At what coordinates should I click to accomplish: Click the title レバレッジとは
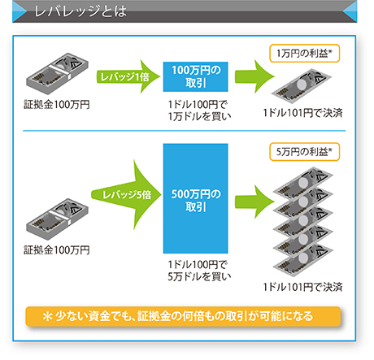[x=80, y=11]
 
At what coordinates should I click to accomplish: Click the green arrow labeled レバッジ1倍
[x=128, y=76]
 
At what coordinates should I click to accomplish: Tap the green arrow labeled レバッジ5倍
[x=126, y=195]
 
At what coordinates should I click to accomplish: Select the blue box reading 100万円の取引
[x=195, y=76]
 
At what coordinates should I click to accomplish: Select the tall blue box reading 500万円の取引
[x=195, y=198]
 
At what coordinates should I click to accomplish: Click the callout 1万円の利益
[x=304, y=54]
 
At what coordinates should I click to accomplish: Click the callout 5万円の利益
[x=304, y=152]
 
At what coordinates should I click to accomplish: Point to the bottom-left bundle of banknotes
[x=57, y=219]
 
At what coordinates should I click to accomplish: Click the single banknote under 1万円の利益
[x=302, y=86]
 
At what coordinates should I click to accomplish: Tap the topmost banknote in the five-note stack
[x=303, y=183]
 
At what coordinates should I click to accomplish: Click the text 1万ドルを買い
[x=199, y=116]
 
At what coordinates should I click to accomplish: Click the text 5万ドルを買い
[x=199, y=276]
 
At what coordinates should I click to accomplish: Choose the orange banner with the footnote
[x=183, y=316]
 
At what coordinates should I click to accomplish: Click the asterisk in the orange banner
[x=47, y=316]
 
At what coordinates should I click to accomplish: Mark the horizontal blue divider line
[x=185, y=131]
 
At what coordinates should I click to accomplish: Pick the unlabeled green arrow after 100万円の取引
[x=254, y=76]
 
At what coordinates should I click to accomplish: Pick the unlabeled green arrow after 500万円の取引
[x=254, y=202]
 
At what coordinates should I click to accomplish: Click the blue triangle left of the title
[x=19, y=11]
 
